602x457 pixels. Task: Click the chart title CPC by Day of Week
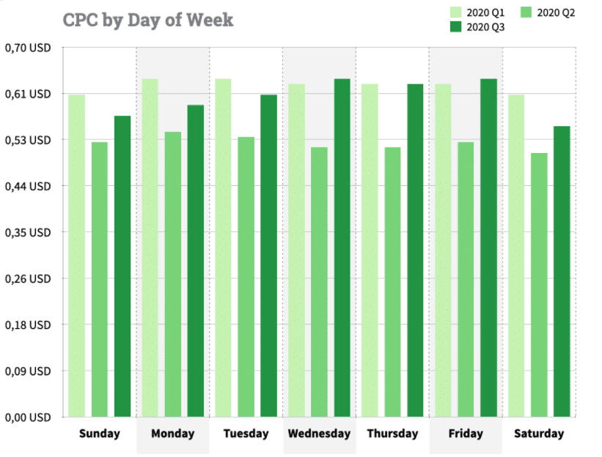[148, 20]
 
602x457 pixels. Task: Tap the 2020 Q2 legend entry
[549, 12]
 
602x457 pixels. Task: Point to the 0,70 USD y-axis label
[27, 48]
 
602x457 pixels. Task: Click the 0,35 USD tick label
[27, 233]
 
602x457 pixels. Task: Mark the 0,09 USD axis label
[27, 371]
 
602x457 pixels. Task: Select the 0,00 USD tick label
[27, 417]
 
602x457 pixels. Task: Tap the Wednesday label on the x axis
[319, 434]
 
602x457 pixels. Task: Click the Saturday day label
[539, 434]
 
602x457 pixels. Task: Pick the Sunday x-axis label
[99, 434]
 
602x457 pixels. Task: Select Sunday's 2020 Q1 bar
[77, 256]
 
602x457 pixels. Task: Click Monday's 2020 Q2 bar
[173, 274]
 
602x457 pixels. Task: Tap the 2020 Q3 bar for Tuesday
[268, 256]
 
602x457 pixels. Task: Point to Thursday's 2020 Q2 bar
[393, 282]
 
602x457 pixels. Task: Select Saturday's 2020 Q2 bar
[540, 285]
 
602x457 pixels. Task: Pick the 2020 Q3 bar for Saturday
[562, 272]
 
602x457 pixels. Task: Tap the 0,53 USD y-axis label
[27, 140]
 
